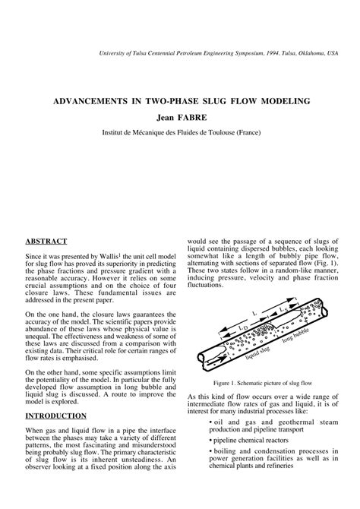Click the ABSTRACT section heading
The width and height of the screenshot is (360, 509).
(47, 241)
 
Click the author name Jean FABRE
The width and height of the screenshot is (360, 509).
(179, 117)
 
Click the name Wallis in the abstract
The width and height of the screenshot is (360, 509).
(114, 258)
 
